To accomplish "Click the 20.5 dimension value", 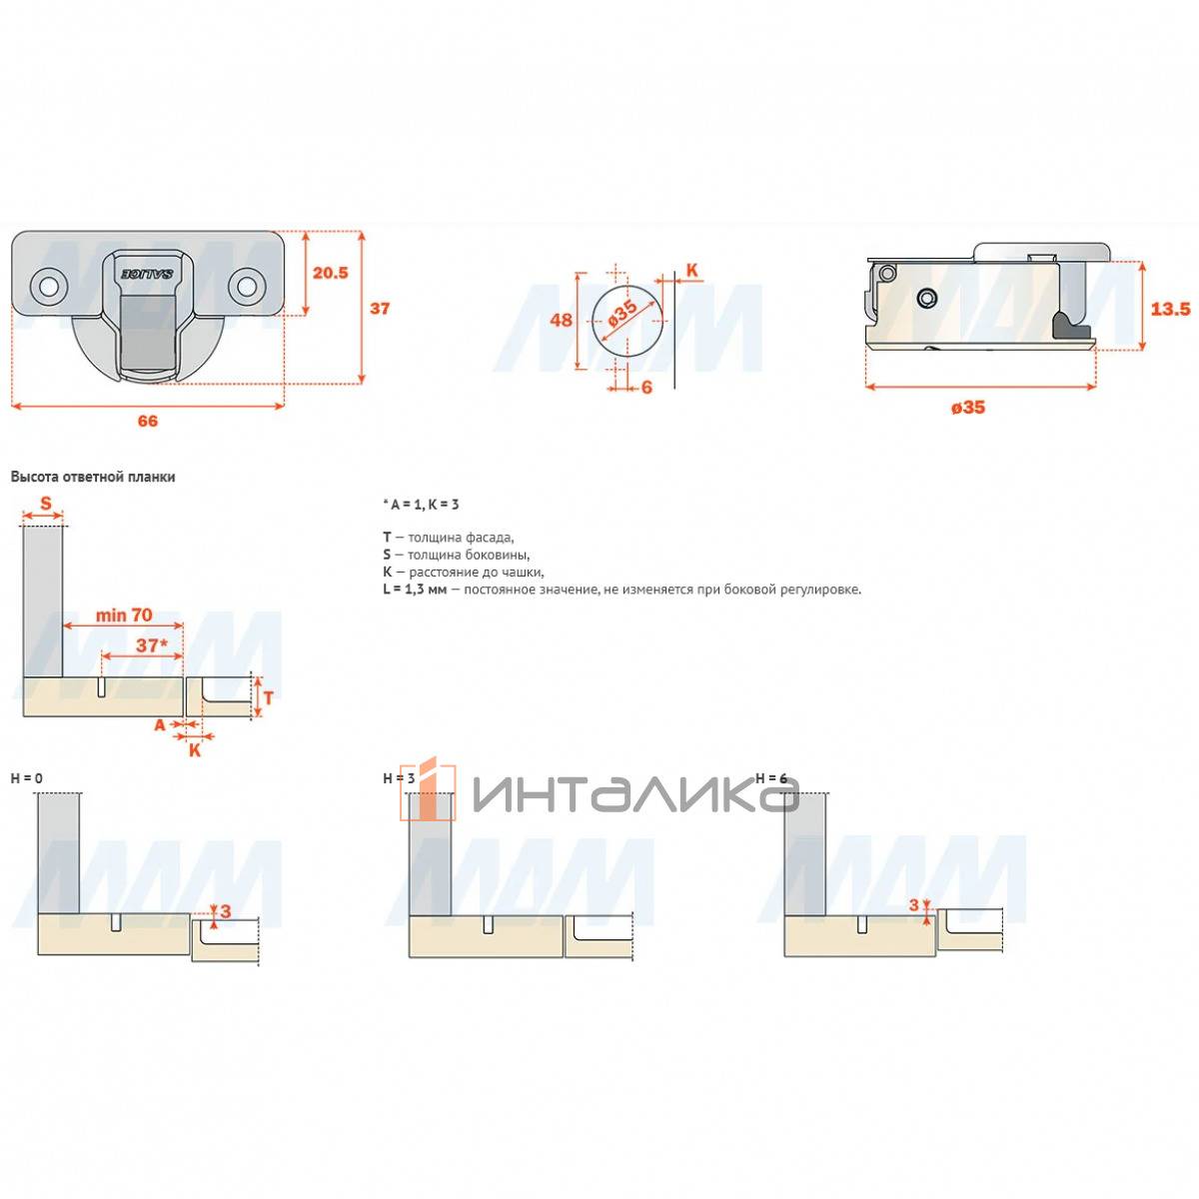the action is [x=331, y=273].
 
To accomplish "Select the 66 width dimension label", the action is [x=148, y=422].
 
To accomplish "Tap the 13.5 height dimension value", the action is [x=1170, y=309].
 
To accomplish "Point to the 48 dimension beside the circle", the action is [x=561, y=320].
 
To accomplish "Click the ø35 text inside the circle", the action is [x=622, y=314].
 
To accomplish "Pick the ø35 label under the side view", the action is [x=968, y=408].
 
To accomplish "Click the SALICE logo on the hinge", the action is [x=147, y=275].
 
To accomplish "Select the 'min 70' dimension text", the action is [x=124, y=615].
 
